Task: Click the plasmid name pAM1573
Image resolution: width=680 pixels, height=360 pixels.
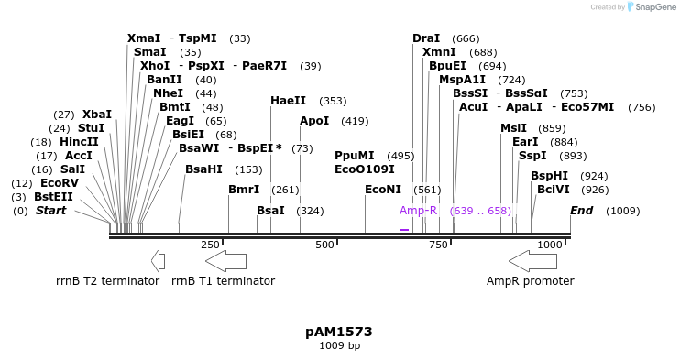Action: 339,331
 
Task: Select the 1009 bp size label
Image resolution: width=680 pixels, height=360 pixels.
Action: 339,345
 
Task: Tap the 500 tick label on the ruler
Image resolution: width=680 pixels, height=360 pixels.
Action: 324,245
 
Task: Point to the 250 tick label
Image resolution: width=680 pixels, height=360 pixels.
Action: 210,245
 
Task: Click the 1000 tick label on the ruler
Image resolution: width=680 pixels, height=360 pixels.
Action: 550,245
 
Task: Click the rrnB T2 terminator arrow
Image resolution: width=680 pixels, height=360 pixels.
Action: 158,261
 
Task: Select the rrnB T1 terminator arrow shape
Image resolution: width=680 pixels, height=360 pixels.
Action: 225,261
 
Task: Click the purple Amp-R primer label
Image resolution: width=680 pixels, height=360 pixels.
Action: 418,211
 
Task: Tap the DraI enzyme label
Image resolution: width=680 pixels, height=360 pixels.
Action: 426,38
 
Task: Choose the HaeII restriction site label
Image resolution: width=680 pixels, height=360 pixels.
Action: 288,101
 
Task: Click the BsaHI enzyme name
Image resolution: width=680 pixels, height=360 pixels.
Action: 203,169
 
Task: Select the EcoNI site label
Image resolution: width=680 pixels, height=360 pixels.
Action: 383,190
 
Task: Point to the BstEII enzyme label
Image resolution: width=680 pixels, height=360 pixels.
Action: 53,197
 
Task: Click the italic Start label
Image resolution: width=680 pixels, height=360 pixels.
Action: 50,211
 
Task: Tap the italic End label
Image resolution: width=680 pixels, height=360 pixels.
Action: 581,211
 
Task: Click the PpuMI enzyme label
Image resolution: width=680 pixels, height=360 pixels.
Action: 355,156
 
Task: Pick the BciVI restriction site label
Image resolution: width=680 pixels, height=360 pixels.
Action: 554,190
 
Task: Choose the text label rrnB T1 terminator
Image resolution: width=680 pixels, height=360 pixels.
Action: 223,281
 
